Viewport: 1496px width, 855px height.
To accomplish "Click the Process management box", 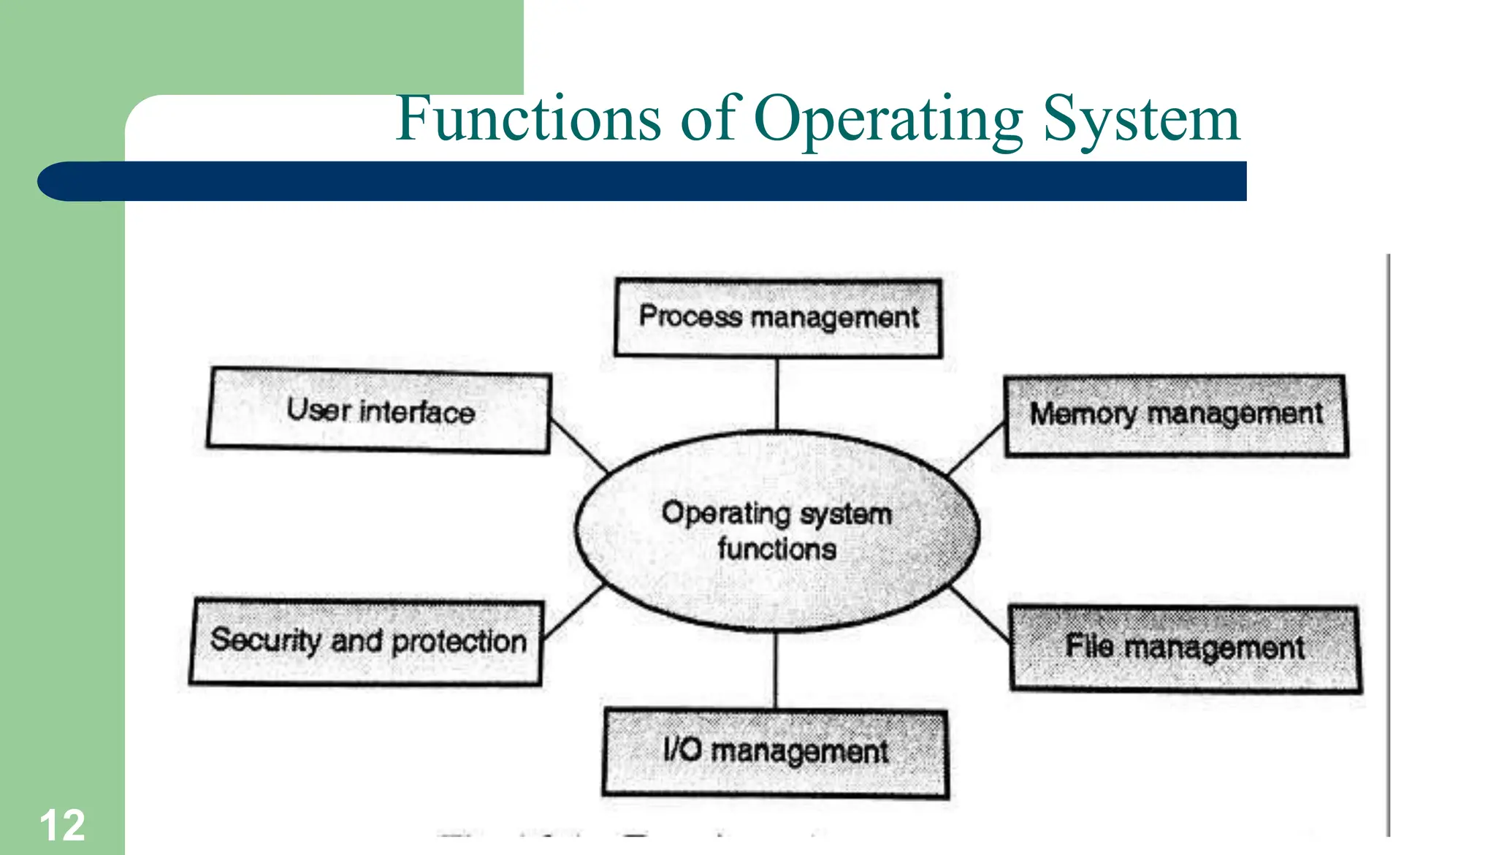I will click(x=778, y=318).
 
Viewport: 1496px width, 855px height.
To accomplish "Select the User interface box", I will click(x=379, y=411).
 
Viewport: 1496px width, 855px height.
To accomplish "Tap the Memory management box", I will click(x=1175, y=415).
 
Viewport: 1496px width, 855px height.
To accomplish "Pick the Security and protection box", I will click(x=367, y=642).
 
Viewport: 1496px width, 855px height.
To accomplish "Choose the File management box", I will click(x=1185, y=648).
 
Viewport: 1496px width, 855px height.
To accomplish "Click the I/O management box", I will click(x=775, y=752).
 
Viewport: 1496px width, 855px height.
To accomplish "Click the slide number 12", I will click(x=62, y=826).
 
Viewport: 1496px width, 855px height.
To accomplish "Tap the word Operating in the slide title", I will click(x=888, y=120).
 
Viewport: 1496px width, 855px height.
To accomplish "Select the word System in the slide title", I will click(x=1141, y=120).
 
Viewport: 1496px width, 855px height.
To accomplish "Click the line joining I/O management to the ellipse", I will click(x=776, y=670).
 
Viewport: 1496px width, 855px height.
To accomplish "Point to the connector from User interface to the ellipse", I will click(x=579, y=445).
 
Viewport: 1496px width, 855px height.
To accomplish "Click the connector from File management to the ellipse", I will click(x=981, y=615).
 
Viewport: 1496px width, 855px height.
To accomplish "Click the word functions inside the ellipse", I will click(x=776, y=549).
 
